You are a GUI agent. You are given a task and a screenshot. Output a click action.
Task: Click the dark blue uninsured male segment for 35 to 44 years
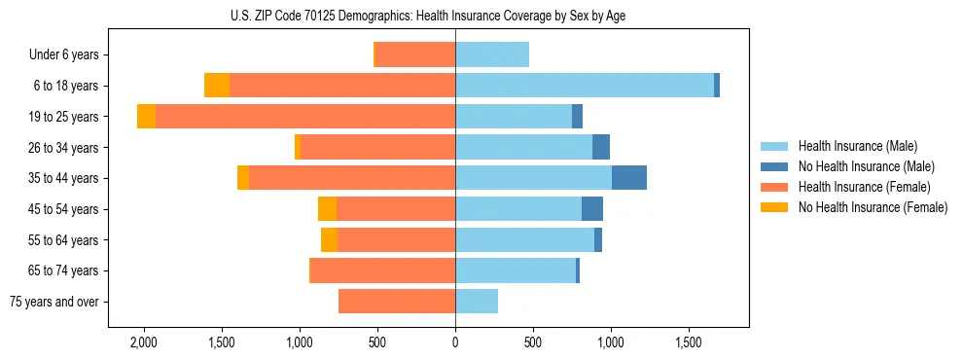coord(629,178)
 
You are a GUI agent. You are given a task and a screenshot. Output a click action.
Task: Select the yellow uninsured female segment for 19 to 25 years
coord(146,117)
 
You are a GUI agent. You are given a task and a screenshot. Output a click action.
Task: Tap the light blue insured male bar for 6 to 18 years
coord(584,86)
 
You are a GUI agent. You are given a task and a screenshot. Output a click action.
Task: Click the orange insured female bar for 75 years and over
coord(397,302)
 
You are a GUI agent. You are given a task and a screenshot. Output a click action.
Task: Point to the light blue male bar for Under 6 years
coord(492,54)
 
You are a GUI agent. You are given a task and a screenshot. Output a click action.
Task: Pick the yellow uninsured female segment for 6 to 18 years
coord(217,86)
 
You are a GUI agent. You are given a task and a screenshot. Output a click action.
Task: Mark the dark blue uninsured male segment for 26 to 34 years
coord(601,147)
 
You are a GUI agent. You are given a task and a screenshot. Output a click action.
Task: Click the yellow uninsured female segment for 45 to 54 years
coord(327,209)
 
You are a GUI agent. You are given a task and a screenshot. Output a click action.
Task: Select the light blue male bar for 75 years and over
coord(477,302)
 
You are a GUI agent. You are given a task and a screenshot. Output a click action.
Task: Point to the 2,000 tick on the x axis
coord(143,342)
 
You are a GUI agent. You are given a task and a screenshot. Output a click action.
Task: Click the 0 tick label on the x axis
coord(455,342)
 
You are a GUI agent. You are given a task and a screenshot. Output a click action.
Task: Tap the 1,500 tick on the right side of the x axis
coord(689,342)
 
